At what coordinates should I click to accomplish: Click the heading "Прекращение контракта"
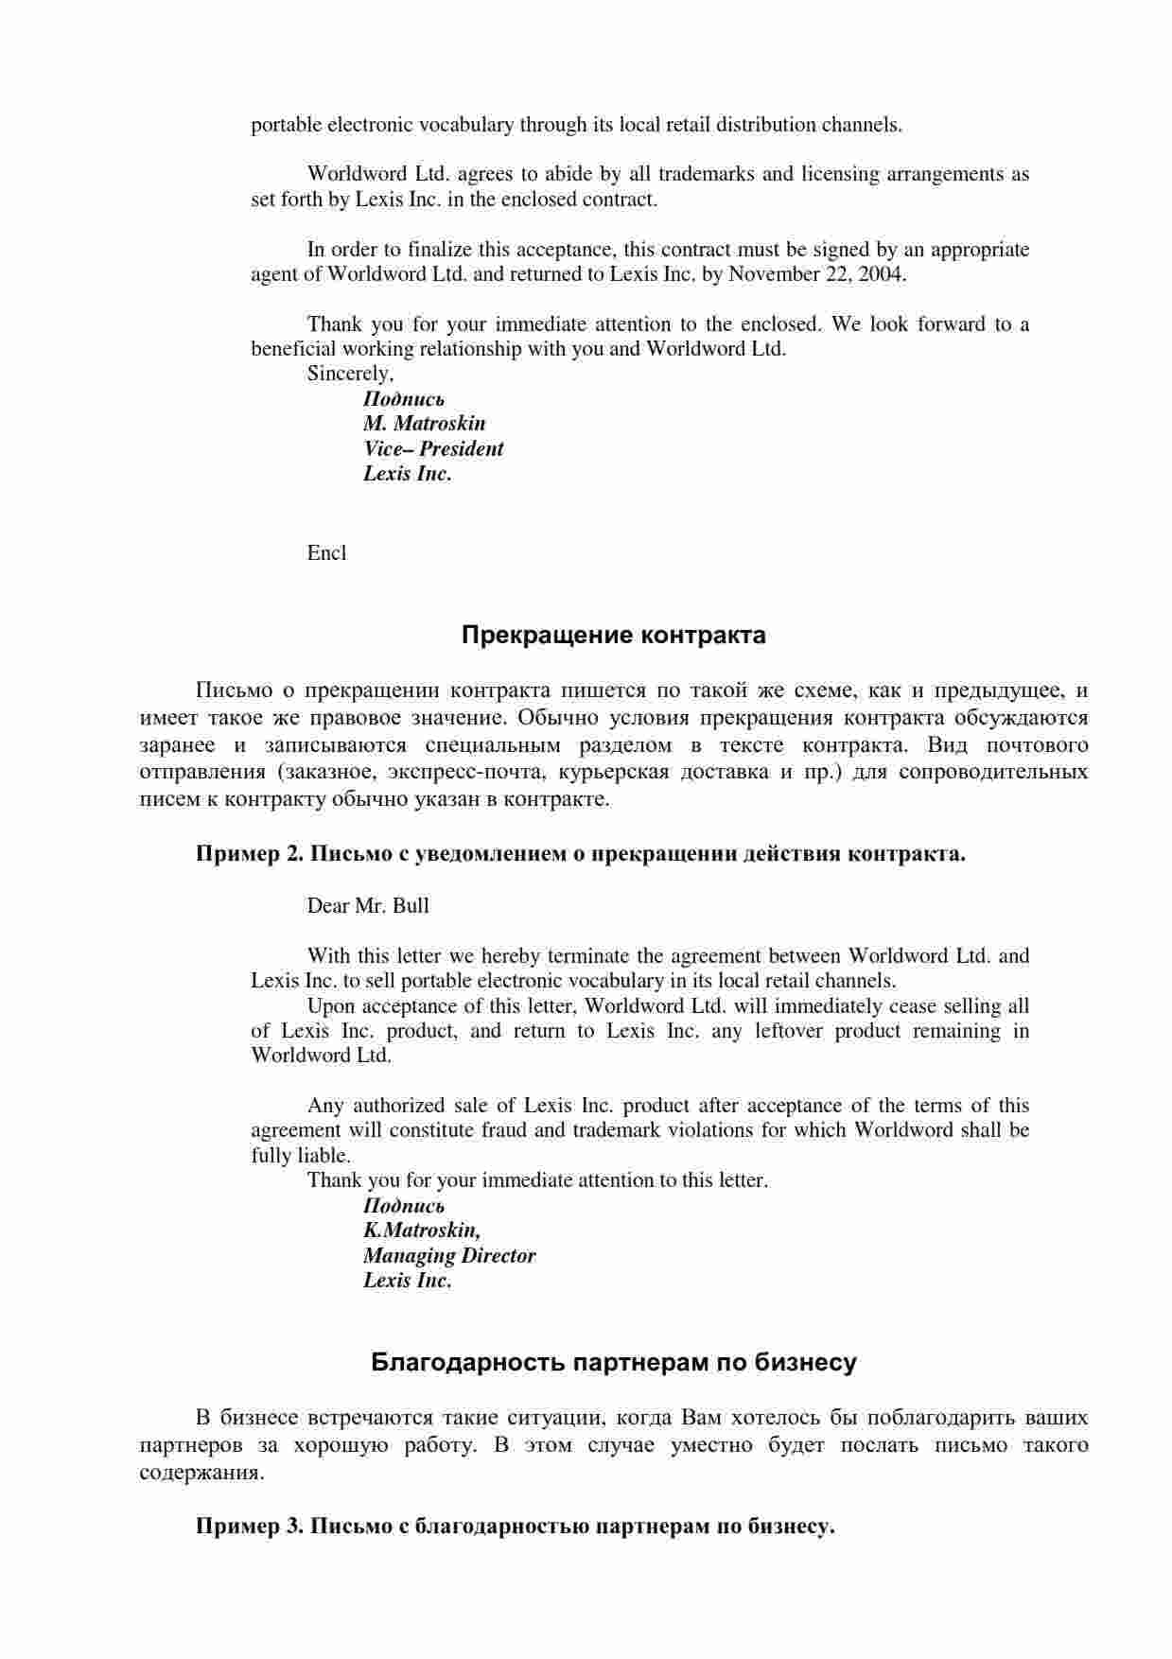[x=613, y=636]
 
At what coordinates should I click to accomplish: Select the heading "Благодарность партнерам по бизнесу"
[x=613, y=1363]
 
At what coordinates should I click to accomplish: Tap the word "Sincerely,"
[x=350, y=374]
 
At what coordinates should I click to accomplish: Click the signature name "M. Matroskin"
[x=424, y=424]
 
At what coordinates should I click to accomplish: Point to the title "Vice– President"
[x=433, y=449]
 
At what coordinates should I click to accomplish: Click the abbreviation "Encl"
[x=326, y=553]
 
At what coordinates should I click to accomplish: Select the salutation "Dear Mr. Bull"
[x=368, y=906]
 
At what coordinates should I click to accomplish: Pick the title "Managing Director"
[x=448, y=1256]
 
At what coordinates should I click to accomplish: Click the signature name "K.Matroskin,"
[x=422, y=1231]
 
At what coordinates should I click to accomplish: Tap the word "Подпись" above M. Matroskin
[x=404, y=399]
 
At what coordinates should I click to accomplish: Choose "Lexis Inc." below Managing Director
[x=407, y=1281]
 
